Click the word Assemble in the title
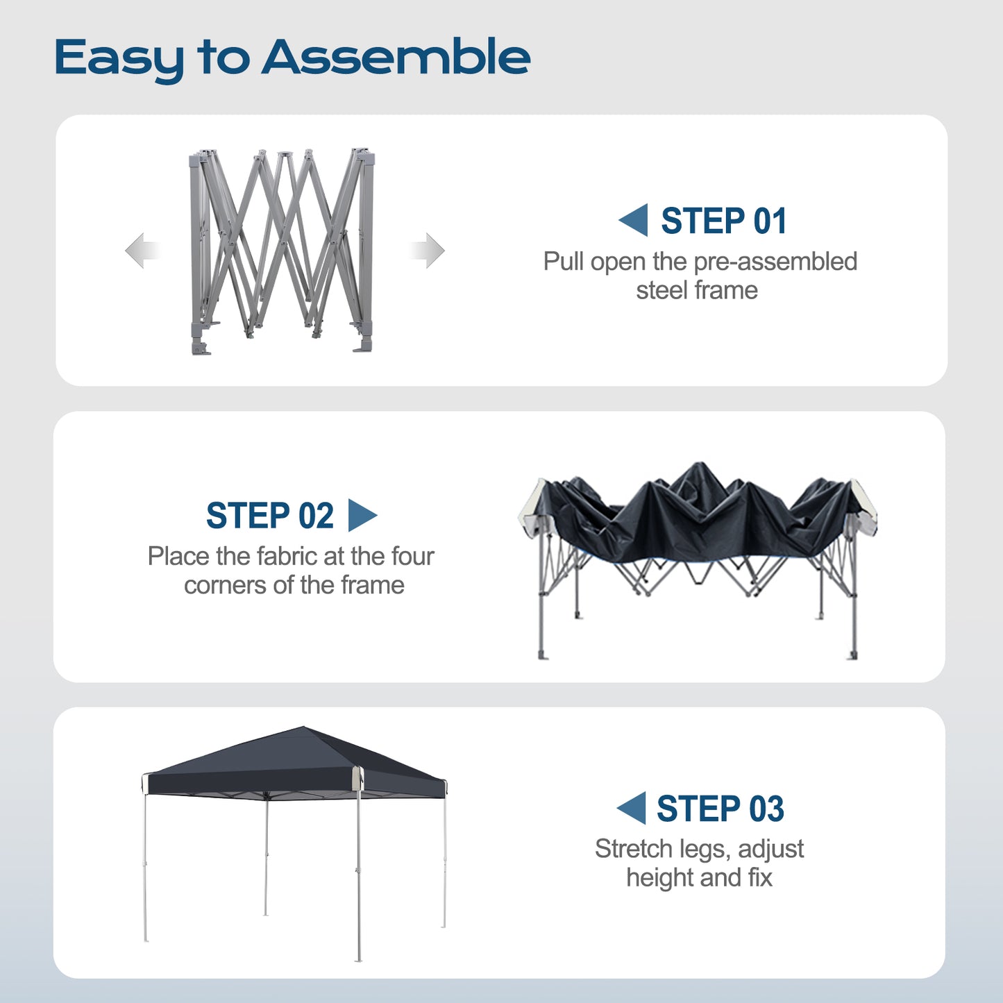396,56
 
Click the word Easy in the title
119,60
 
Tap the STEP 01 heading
723,221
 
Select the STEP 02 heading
269,515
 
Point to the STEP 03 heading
720,809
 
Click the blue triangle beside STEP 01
634,220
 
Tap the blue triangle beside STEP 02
362,515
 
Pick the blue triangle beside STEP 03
632,808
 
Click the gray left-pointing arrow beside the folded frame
142,251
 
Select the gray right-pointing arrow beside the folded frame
428,251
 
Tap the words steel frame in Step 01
697,290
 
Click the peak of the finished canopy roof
303,727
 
